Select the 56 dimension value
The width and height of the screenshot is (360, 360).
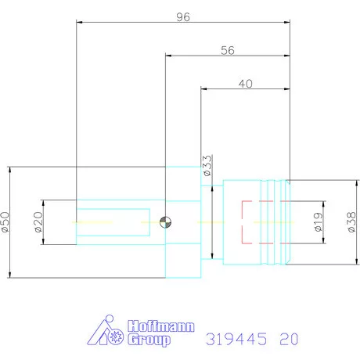228,49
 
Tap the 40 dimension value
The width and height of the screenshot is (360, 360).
245,83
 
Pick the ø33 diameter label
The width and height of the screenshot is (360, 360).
207,167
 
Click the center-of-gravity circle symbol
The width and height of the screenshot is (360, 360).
165,222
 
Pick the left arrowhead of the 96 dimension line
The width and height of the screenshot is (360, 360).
79,22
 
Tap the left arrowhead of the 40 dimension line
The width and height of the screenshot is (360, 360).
204,90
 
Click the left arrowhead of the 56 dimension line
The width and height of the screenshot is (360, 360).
168,56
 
